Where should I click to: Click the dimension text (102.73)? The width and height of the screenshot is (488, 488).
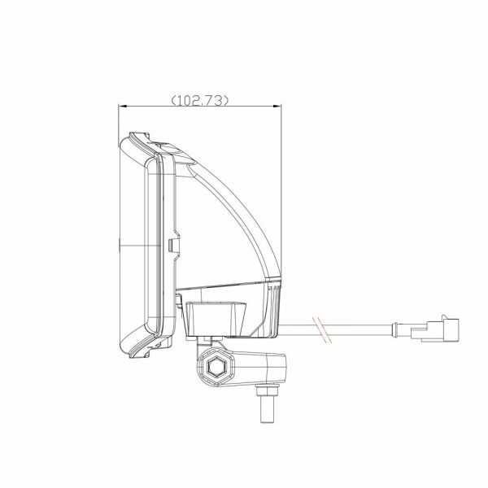tap(200, 100)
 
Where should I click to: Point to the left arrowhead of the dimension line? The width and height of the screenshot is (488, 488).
tap(123, 107)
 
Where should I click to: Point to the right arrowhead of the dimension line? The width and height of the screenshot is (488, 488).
tap(277, 107)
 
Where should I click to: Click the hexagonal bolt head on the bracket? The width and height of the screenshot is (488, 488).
tap(215, 368)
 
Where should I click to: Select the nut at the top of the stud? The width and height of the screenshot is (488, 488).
tap(268, 390)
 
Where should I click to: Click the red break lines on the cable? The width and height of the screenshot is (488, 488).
tap(322, 330)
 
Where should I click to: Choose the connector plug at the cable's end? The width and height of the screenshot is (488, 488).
tap(435, 330)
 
